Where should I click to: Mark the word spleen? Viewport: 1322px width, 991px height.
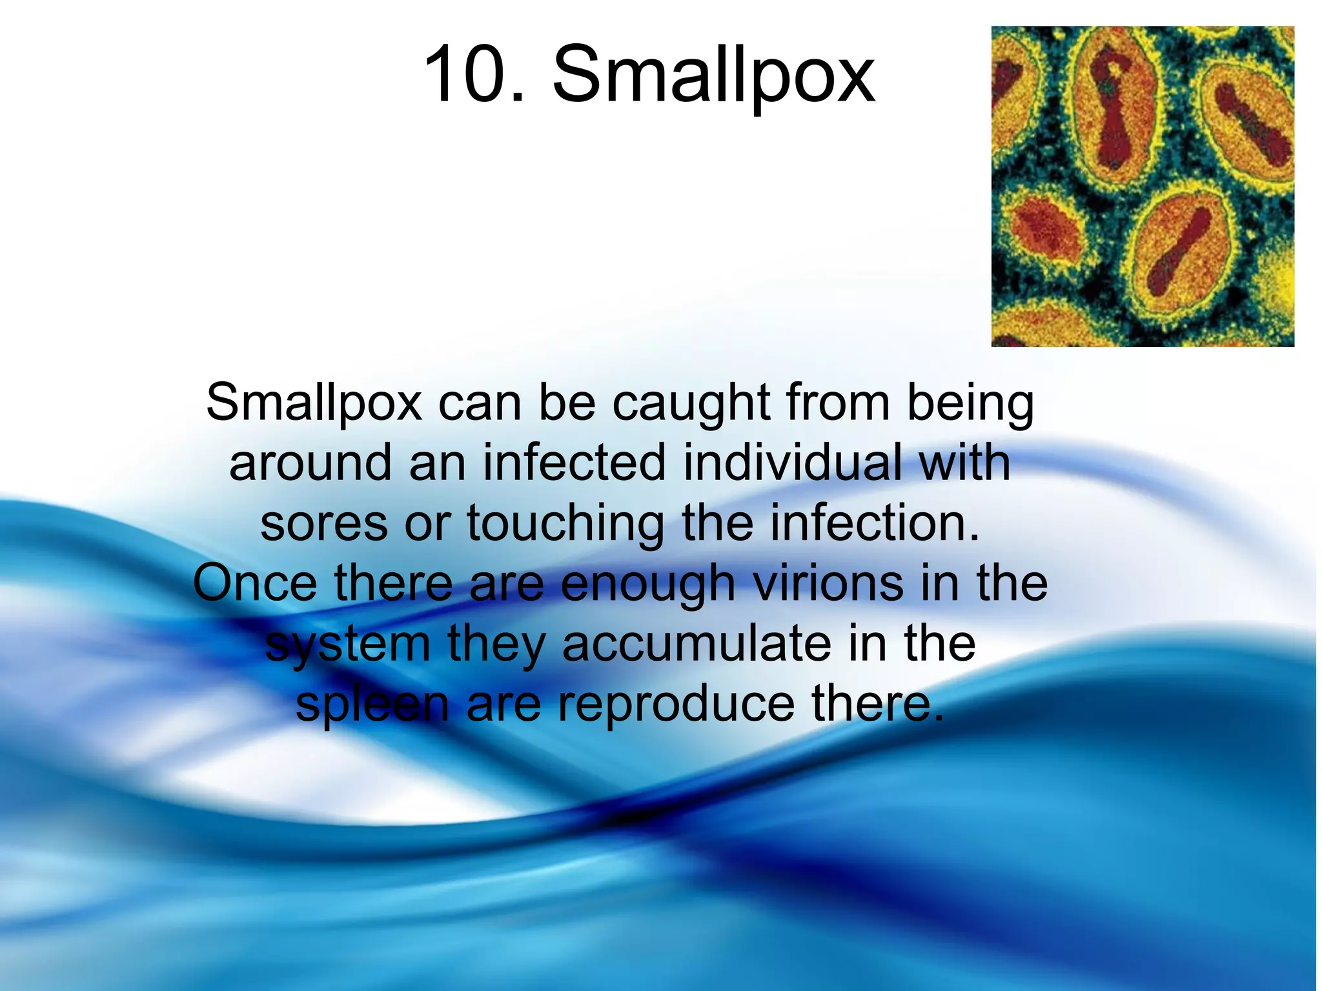tap(372, 705)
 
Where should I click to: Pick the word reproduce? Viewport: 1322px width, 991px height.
tap(676, 705)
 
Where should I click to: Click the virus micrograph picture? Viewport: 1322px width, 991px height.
tap(1143, 186)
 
